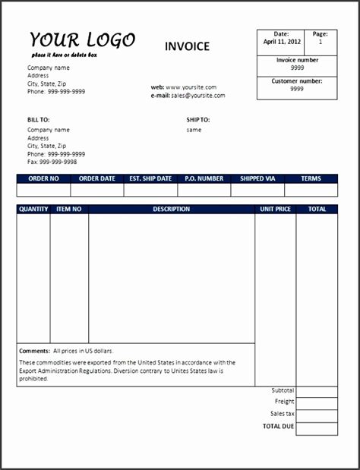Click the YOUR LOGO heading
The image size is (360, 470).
point(83,40)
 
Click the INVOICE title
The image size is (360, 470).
point(187,46)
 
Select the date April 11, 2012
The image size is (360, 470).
point(281,43)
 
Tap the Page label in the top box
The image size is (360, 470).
point(321,34)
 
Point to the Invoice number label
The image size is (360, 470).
point(297,59)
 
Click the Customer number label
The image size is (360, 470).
point(297,80)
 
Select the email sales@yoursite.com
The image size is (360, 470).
point(197,96)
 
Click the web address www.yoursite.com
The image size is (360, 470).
point(191,87)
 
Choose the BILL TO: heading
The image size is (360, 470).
point(38,120)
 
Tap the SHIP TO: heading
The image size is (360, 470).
point(198,120)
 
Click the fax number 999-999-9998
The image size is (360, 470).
point(58,162)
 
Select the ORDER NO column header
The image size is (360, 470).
point(43,179)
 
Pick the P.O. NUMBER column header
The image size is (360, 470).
point(204,179)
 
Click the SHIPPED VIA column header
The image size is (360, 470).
point(257,179)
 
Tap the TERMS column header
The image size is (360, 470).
point(311,179)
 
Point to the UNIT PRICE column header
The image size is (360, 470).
point(275,209)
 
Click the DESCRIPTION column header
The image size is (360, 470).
point(171,209)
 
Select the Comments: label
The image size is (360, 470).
point(34,352)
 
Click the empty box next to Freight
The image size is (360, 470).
point(317,402)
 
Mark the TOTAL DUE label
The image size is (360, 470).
point(278,427)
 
